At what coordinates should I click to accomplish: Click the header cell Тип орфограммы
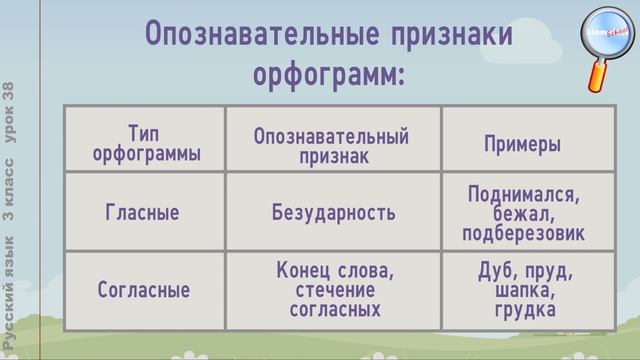point(146,144)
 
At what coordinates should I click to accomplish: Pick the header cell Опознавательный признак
point(332,146)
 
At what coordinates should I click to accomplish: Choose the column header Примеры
point(522,145)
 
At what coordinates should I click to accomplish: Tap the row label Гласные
point(143,212)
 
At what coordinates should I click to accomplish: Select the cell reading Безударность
point(333,212)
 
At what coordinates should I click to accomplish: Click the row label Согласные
point(143,290)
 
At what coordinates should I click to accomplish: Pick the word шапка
point(523,290)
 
